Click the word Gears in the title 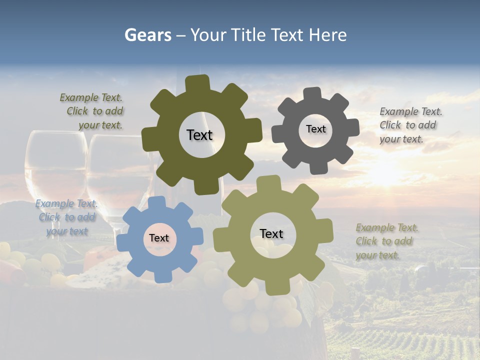click(147, 35)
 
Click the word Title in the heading click(248, 35)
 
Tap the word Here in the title click(327, 35)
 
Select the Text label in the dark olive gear click(199, 135)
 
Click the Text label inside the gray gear click(315, 129)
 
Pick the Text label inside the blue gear click(159, 238)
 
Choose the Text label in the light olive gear click(271, 233)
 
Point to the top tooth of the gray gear click(313, 94)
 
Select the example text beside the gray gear click(410, 125)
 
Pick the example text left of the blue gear click(66, 217)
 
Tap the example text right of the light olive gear click(386, 241)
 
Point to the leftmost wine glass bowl click(55, 160)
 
